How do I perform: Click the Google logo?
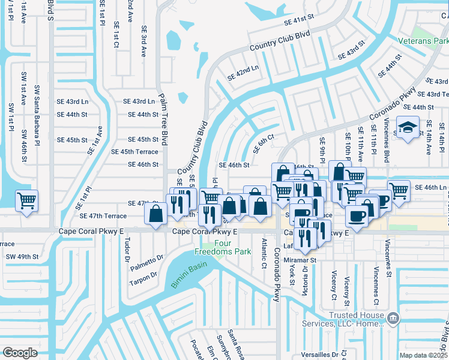click(x=20, y=352)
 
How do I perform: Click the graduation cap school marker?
click(x=408, y=128)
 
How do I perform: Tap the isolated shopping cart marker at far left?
click(x=26, y=200)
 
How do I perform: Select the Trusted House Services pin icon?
click(x=392, y=316)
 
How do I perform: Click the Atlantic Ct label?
click(x=264, y=253)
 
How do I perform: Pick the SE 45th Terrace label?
click(x=139, y=152)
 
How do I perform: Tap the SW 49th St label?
click(x=22, y=257)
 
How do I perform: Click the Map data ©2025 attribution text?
click(x=423, y=355)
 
